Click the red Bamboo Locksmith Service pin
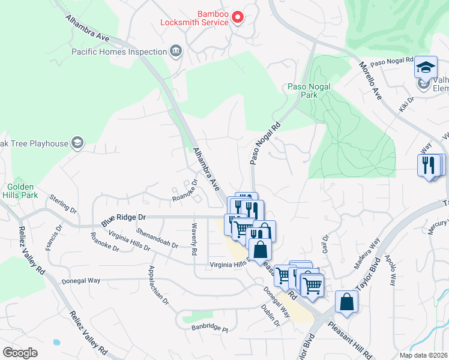coord(237,17)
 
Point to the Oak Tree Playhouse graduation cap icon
coord(77,143)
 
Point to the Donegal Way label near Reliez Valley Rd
coord(80,280)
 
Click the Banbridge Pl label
coord(209,329)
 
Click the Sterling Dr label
coord(63,203)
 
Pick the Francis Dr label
coord(58,236)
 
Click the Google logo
coord(20,353)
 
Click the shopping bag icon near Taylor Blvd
coord(346,302)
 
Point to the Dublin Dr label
coord(271,314)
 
